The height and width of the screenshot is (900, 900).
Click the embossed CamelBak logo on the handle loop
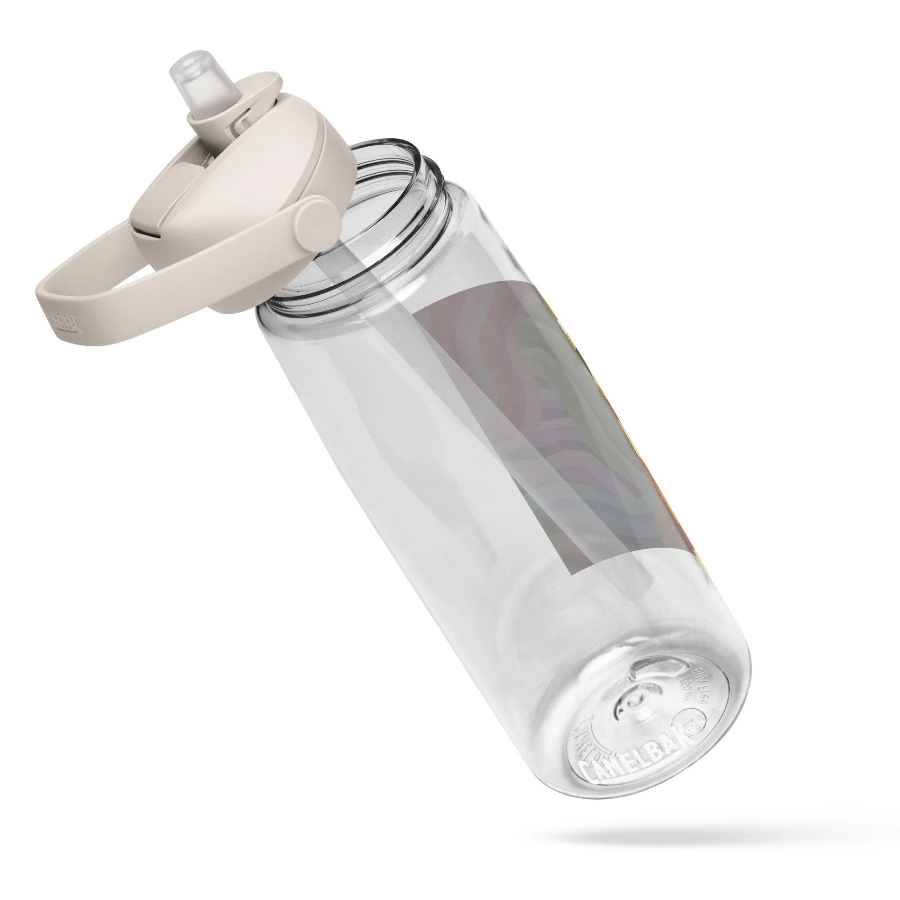66,321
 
